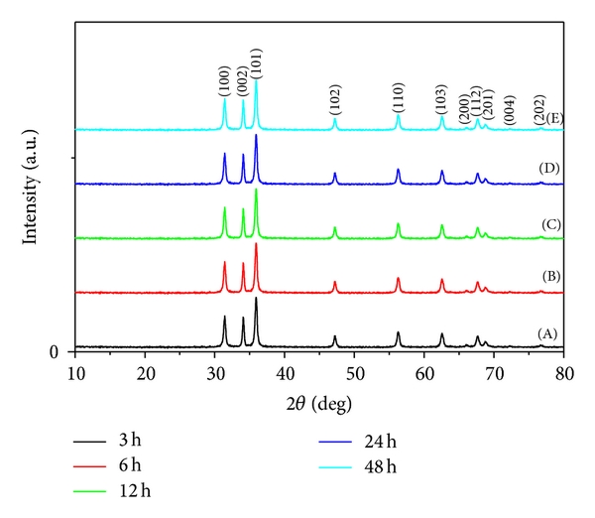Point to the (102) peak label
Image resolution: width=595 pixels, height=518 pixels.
(335, 101)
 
